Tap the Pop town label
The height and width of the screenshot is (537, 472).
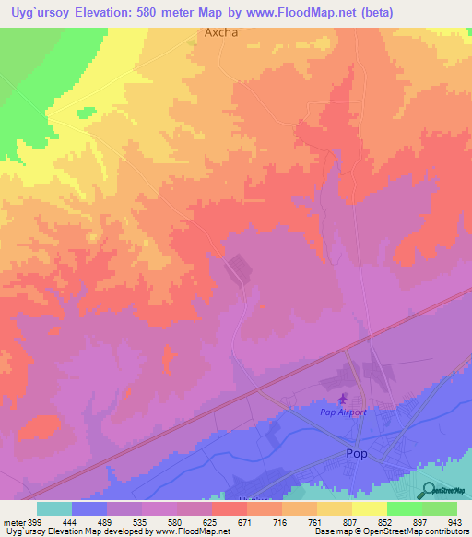click(356, 454)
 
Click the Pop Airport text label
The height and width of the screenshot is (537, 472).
click(343, 412)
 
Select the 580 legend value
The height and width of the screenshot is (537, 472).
click(178, 522)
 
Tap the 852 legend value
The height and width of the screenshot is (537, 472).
click(386, 522)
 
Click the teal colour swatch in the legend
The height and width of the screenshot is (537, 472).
click(54, 508)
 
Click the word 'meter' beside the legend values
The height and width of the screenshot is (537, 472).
click(14, 522)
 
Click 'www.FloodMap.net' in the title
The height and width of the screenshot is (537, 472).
click(301, 13)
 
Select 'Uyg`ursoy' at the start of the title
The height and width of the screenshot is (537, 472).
click(40, 13)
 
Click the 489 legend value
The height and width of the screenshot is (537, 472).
click(107, 522)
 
